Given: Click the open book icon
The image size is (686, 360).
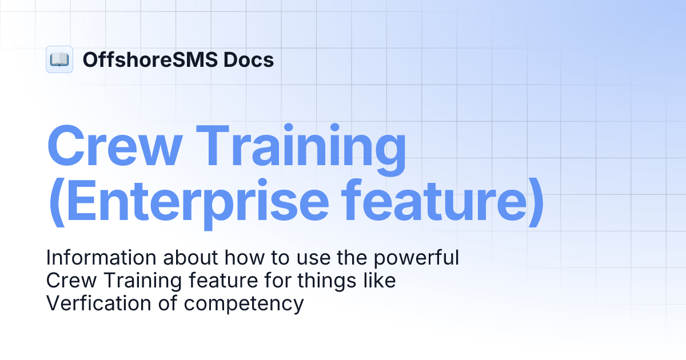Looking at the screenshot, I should coord(59,59).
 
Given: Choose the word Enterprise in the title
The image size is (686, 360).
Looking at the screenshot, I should coord(197,203).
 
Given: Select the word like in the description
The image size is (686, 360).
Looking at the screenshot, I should coord(379,281).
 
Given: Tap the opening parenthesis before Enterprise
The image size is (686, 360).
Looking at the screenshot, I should coord(55,203).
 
